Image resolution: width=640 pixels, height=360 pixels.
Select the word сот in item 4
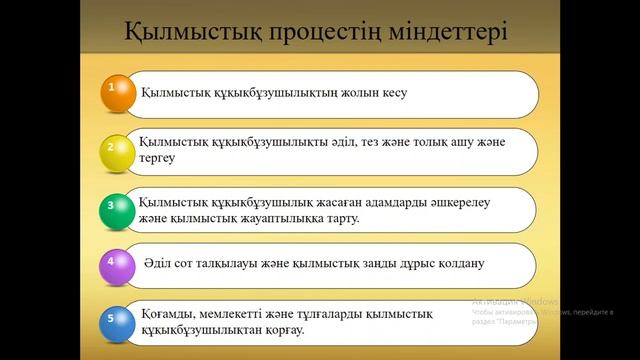click(208, 265)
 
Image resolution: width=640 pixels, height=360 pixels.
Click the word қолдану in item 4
click(456, 265)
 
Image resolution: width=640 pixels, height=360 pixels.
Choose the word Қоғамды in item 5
click(170, 313)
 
